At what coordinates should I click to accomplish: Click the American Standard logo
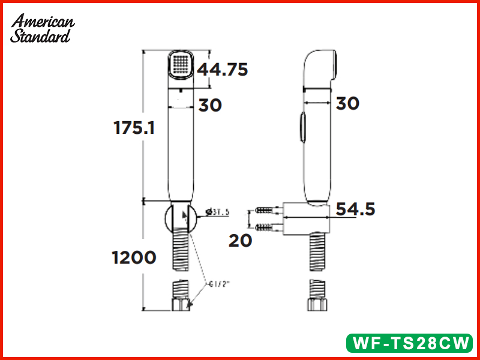pos(43,28)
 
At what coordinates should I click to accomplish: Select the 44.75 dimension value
pos(223,70)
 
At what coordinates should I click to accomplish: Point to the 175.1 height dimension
pos(134,127)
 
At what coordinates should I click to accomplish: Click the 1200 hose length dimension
pos(133,257)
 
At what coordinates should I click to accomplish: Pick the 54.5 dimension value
pos(355,209)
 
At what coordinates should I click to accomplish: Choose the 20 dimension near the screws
pos(240,240)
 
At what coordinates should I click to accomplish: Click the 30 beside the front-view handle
pos(210,105)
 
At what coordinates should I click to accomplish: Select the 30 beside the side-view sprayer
pos(347,103)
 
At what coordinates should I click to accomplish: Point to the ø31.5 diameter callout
pos(217,212)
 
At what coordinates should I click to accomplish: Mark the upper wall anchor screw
pos(266,211)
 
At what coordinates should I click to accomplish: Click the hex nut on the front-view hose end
pos(181,305)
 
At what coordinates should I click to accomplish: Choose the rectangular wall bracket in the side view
pos(307,218)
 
